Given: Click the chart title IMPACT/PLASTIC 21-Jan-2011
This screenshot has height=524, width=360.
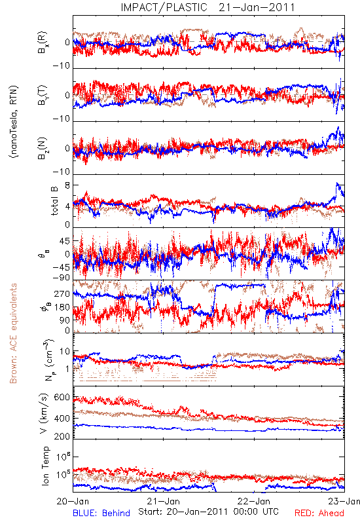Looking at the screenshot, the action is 207,7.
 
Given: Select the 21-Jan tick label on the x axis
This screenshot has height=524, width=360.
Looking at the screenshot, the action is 164,501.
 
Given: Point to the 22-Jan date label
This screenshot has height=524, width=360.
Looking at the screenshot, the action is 254,501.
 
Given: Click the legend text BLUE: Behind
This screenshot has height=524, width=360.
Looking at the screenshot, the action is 101,513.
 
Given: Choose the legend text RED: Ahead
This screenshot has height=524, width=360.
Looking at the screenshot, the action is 319,513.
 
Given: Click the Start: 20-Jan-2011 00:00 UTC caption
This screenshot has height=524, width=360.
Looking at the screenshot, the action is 208,512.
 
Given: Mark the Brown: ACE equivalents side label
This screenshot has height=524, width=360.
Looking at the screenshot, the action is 13,333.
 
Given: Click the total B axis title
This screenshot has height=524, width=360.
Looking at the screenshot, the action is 54,201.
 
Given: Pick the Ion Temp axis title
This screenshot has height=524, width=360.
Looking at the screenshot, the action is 45,466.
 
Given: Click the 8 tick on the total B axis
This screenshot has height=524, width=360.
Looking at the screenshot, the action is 67,185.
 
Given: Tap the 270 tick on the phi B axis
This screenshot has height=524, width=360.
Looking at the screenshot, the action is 62,293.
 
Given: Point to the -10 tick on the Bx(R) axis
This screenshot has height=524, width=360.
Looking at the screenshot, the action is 61,66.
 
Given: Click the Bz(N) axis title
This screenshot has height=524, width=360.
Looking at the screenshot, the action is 43,148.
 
